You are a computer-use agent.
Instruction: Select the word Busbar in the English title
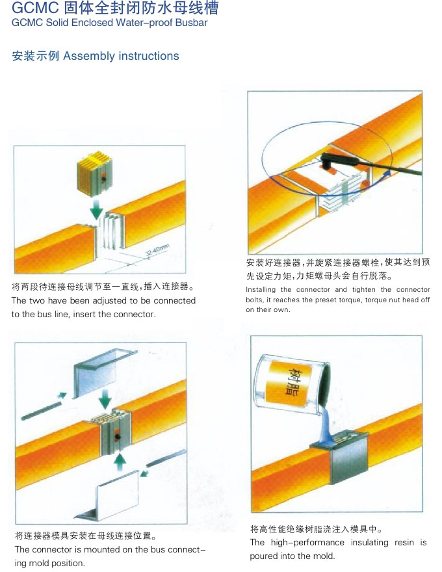(x=191, y=23)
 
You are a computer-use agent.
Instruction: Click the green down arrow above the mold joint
(x=105, y=398)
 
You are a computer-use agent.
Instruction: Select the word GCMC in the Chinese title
(x=35, y=8)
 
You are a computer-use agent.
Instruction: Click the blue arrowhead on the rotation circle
(x=387, y=172)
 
